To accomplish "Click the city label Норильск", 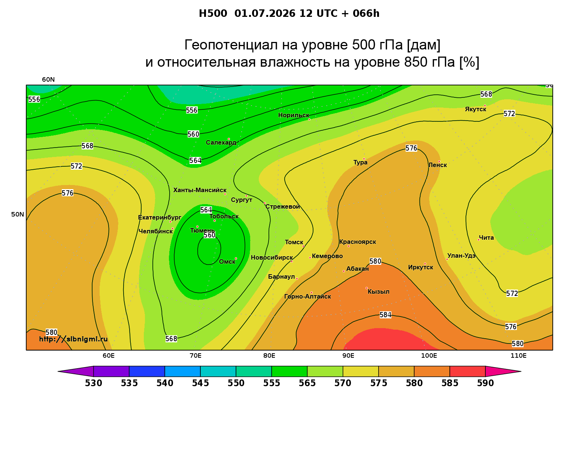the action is [294, 115].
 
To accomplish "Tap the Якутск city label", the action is [475, 109].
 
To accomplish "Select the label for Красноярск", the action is [357, 242].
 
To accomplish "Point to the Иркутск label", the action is [421, 267].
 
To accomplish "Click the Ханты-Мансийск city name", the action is [200, 190].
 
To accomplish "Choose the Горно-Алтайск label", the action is [307, 297].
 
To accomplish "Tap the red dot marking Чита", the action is [479, 240].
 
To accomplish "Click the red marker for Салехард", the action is [228, 139].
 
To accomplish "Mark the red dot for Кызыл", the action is [367, 288].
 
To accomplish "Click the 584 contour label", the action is [385, 315].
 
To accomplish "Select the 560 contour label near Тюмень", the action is [209, 235].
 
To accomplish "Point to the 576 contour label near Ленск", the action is [411, 148].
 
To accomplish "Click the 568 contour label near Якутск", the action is [486, 94].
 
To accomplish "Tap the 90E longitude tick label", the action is [348, 356].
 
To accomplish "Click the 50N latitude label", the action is [18, 214].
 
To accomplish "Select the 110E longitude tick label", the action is [518, 356].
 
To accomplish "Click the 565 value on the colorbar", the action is [307, 383].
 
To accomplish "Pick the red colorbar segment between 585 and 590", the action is [467, 371].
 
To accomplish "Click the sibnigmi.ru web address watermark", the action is [73, 339].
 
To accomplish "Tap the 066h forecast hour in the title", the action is [366, 13].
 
